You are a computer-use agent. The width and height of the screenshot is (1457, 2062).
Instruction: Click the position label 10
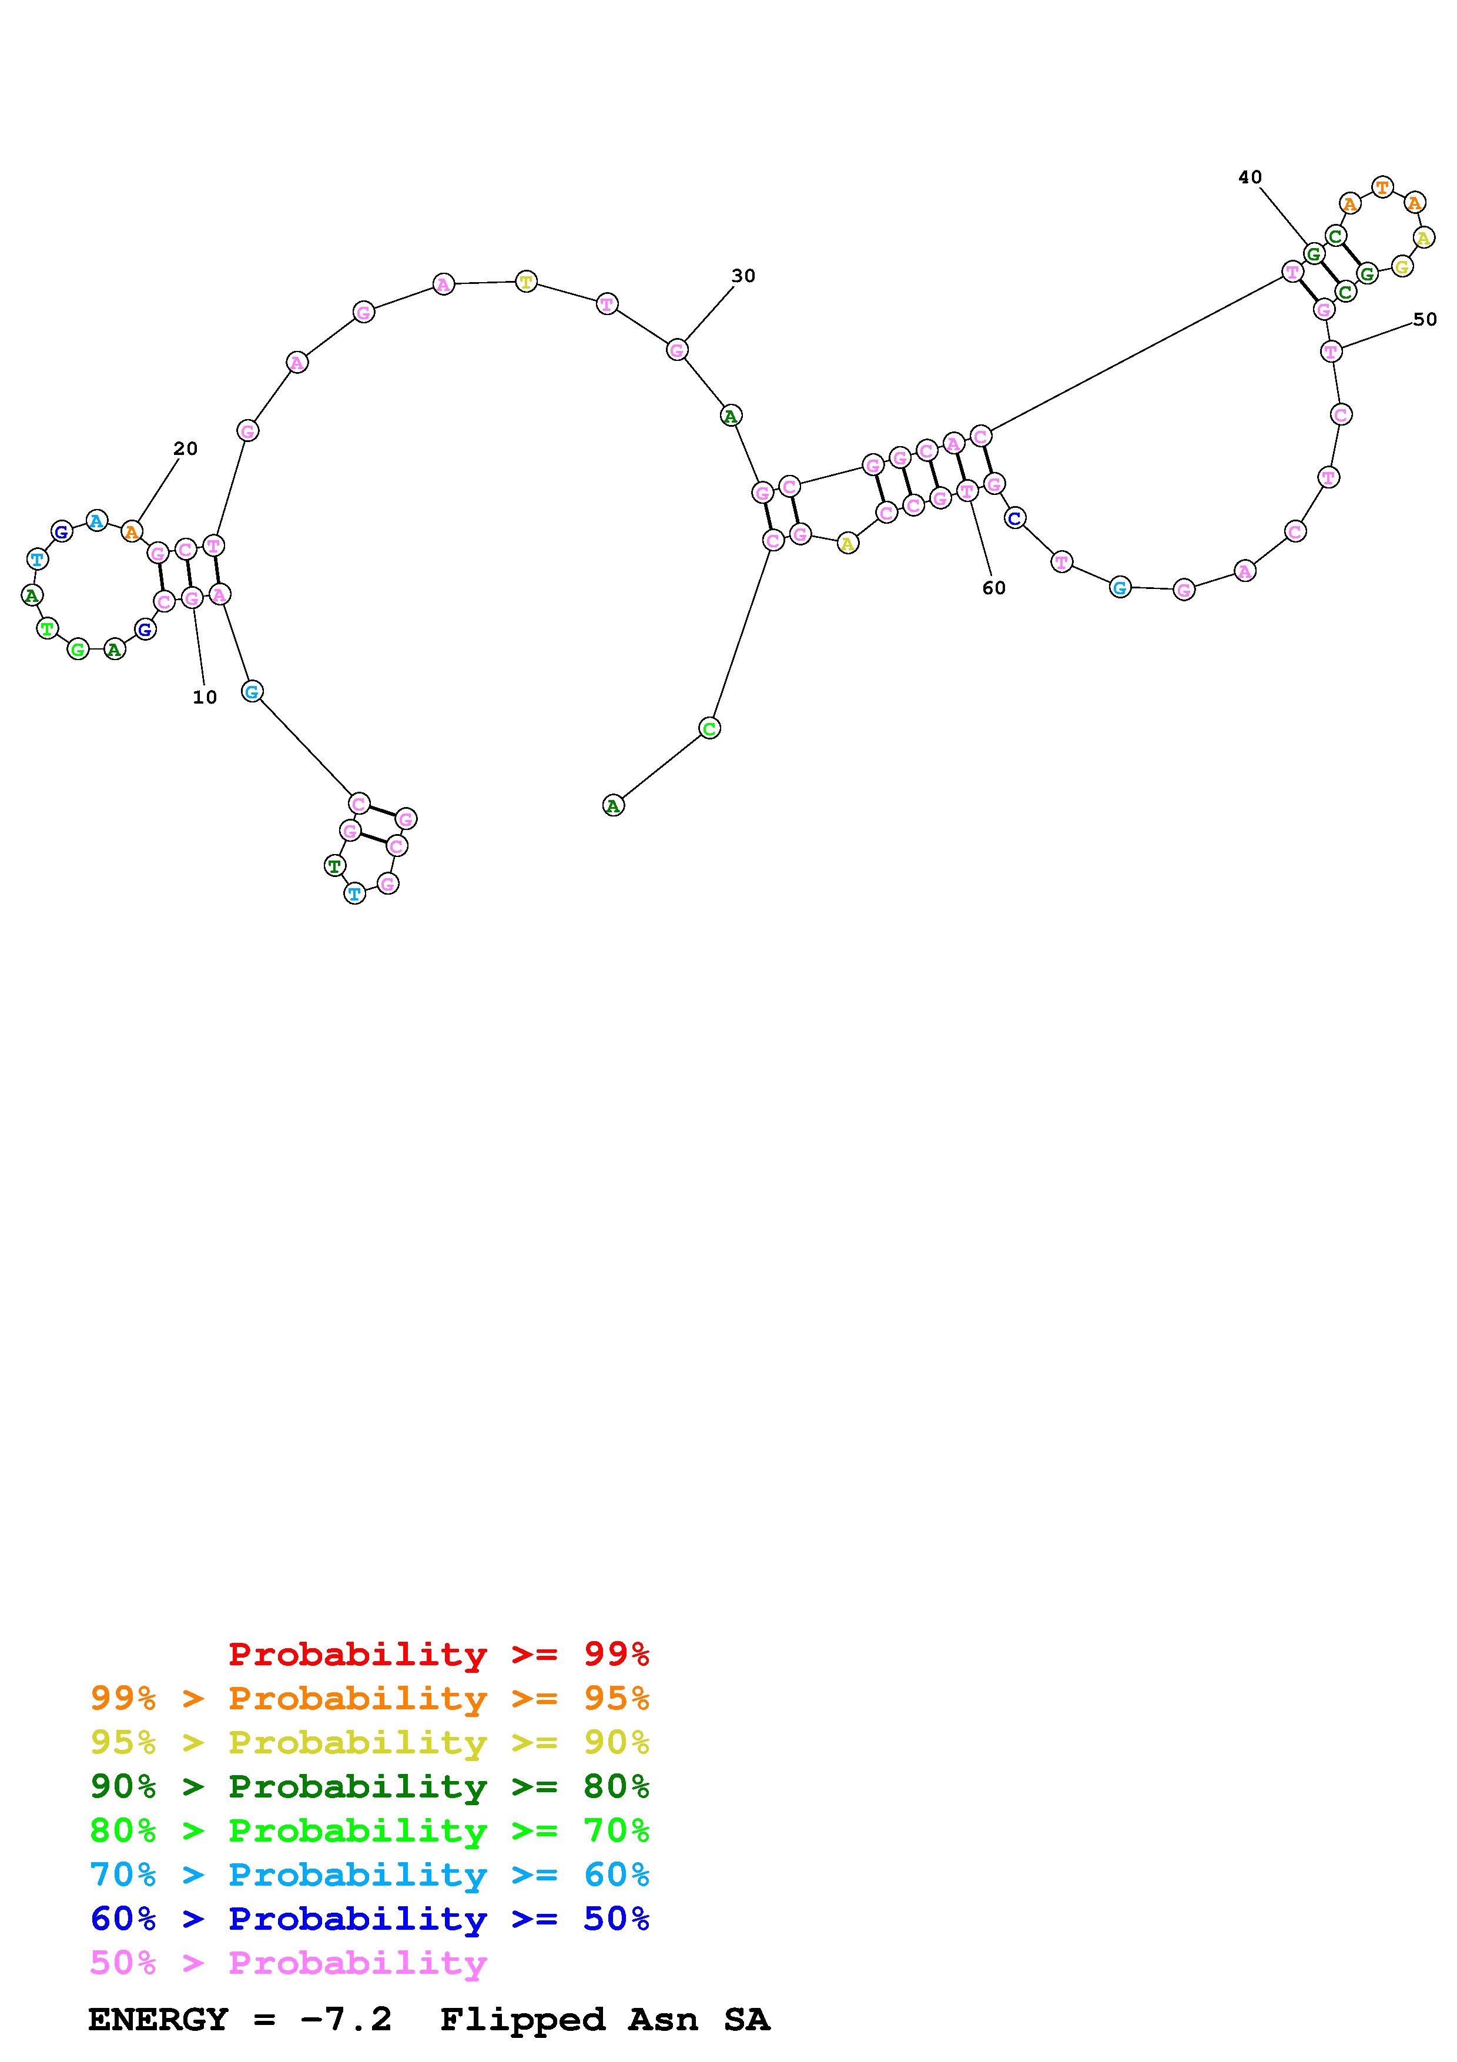click(205, 697)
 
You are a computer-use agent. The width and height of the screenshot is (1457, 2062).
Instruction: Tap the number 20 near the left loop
click(185, 448)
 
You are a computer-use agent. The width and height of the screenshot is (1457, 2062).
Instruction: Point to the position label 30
click(743, 276)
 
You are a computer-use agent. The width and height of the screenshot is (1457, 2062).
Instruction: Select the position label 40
click(1250, 177)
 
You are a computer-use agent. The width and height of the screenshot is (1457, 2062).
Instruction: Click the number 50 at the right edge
click(1425, 319)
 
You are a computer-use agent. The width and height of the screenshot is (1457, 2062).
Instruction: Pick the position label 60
click(994, 587)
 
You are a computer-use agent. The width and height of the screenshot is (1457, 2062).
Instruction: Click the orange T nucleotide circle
click(1382, 188)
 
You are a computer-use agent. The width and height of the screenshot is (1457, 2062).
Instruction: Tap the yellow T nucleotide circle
click(526, 282)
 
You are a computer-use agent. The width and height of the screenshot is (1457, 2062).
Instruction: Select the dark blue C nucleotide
click(1014, 518)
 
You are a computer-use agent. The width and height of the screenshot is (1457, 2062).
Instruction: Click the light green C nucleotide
click(709, 728)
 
